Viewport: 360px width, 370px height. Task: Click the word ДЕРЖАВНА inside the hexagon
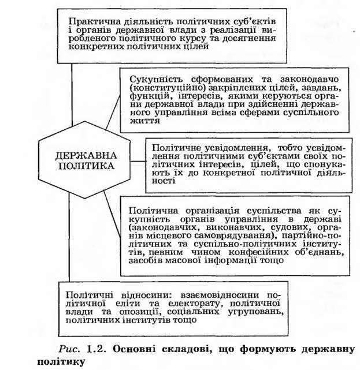[x=87, y=155]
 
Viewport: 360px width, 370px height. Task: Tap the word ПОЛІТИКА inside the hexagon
[x=87, y=166]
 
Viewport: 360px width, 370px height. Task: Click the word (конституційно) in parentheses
[x=164, y=87]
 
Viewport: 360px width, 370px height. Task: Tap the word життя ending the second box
[x=142, y=123]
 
